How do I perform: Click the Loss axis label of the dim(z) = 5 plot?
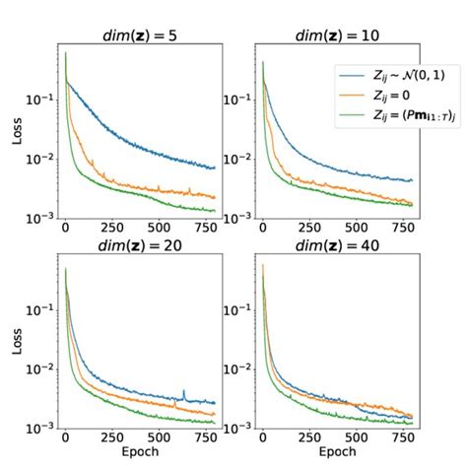click(17, 130)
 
